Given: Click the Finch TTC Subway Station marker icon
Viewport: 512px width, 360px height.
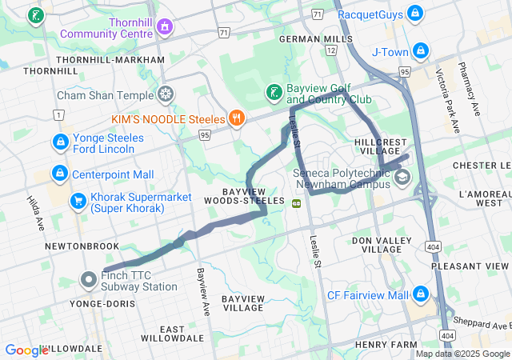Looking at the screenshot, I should (89, 279).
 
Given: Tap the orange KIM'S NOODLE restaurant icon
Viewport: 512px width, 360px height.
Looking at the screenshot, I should (236, 118).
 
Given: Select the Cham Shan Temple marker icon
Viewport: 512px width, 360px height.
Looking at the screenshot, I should (166, 94).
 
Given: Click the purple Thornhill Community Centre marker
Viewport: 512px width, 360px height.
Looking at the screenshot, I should (165, 26).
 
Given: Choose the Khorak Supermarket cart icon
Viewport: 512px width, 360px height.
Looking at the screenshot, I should (78, 201).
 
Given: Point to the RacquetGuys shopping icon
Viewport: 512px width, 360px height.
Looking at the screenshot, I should (414, 14).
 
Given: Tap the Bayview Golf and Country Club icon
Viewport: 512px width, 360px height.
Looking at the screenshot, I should (274, 92).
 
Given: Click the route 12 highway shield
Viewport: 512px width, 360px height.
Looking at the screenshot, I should (331, 50).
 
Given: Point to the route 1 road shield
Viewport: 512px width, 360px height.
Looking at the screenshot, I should (58, 115).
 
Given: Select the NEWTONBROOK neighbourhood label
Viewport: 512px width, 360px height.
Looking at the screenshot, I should (82, 246).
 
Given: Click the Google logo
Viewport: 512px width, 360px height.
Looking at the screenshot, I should (26, 350).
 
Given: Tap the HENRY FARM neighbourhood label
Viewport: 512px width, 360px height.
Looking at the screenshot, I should (386, 344).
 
